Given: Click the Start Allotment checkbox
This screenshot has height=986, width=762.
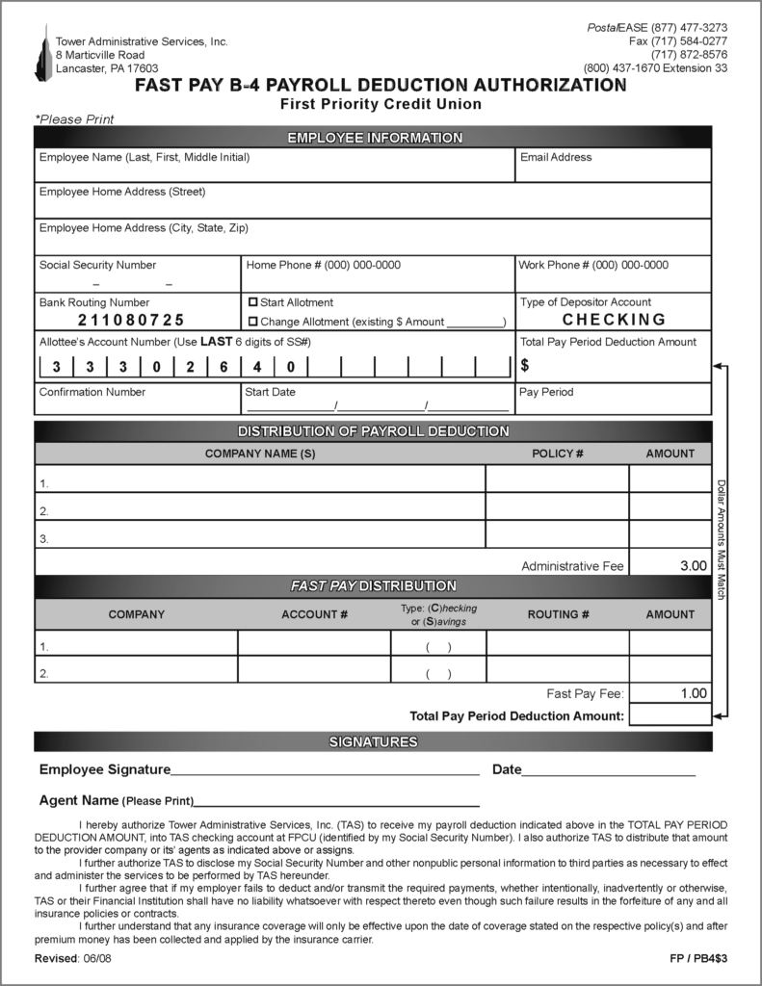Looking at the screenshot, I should [253, 302].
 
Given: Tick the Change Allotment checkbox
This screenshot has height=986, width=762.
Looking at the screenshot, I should [253, 322].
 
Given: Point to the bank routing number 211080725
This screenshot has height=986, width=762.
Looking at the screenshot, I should [131, 321].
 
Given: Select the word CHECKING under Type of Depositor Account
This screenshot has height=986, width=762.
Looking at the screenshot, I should [614, 320].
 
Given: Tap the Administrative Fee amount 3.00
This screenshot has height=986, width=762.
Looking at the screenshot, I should [693, 566].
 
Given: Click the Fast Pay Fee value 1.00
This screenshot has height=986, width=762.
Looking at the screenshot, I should [693, 693].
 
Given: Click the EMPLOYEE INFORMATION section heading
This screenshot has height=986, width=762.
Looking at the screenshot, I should [374, 138].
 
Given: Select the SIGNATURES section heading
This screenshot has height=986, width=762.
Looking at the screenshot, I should [374, 742].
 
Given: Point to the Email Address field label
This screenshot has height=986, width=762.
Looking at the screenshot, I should [556, 157].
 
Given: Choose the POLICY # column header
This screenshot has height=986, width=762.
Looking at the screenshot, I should [558, 454].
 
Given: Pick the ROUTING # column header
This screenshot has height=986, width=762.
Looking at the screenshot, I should [558, 614].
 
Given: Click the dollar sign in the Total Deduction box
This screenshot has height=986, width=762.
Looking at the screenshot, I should [525, 366].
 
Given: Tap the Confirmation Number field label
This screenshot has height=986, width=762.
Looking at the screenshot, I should [92, 393].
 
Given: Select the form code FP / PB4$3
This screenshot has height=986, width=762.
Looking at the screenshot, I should [698, 960].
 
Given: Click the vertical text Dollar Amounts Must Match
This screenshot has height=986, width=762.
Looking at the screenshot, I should [722, 539].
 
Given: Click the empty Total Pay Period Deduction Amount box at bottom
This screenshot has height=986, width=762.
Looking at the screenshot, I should [670, 715].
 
